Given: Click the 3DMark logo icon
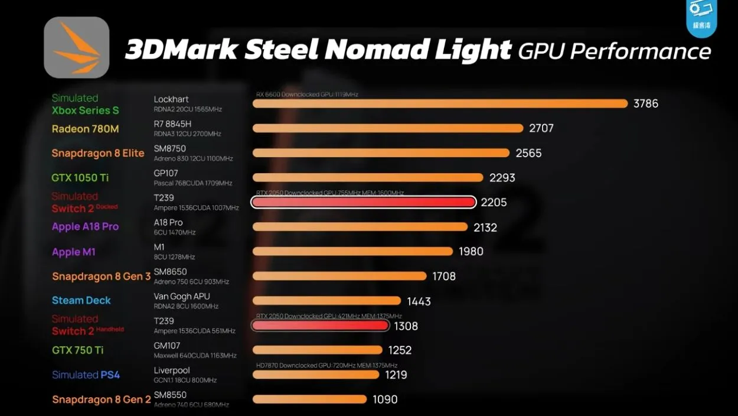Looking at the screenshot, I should click(77, 47).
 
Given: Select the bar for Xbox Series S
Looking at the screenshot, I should click(440, 103).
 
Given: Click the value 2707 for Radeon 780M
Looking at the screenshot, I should click(541, 128).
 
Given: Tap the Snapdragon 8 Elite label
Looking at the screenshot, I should click(98, 153).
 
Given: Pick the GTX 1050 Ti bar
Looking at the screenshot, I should click(368, 177).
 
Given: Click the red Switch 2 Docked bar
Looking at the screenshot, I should click(363, 203).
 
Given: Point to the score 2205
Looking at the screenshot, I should click(494, 203).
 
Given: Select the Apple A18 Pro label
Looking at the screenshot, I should click(85, 227).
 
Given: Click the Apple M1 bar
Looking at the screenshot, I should click(352, 251).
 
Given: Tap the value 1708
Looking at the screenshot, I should click(444, 276).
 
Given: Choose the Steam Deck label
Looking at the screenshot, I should click(81, 300).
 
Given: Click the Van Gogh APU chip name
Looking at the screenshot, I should click(182, 297).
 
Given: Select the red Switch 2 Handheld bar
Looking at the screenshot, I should click(320, 326).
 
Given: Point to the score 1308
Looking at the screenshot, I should click(406, 326).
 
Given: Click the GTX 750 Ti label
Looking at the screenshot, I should click(77, 350).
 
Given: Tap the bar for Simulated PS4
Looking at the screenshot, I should click(316, 375).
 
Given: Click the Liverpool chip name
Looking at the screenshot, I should click(172, 370).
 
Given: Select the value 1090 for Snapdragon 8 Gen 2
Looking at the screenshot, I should click(385, 399).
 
